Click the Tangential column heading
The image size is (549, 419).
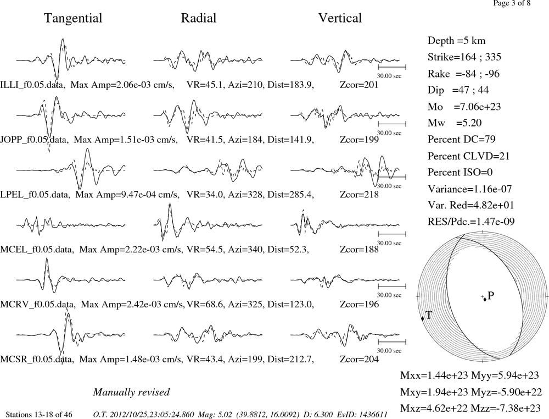click(73, 18)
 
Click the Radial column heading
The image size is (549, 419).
click(199, 18)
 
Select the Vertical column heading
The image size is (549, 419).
click(340, 18)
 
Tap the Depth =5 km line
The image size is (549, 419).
click(457, 41)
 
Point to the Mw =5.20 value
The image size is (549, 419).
click(455, 123)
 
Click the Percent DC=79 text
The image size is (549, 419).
click(462, 139)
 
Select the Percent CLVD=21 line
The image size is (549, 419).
click(468, 156)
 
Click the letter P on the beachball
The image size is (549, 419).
click(490, 296)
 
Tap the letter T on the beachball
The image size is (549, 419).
click(429, 315)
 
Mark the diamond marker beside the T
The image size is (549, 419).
click(422, 318)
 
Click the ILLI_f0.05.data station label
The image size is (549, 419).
click(32, 85)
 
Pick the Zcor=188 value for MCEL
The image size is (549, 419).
click(359, 249)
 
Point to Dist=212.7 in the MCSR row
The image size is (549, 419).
click(290, 359)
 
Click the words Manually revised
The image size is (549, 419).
click(131, 392)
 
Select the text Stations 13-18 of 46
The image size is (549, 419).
click(39, 415)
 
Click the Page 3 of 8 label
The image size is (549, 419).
click(512, 3)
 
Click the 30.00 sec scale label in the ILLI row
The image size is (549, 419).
click(389, 76)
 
